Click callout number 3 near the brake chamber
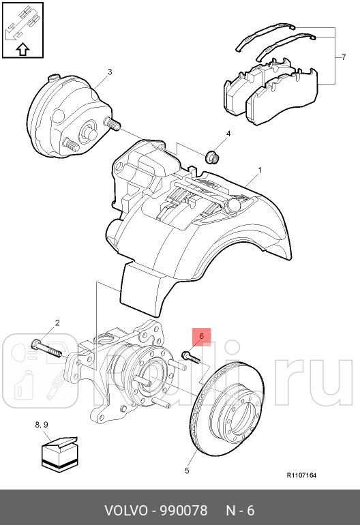110,72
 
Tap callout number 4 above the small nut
228,134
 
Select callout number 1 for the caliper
260,170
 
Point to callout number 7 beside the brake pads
344,57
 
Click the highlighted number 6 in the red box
201,336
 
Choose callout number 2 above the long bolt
57,322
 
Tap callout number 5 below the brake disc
187,470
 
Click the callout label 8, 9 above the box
42,425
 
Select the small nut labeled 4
211,157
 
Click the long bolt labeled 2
47,348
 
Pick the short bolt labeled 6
190,357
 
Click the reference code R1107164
301,475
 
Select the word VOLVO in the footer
126,511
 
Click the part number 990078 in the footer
183,511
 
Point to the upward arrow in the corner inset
22,50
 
